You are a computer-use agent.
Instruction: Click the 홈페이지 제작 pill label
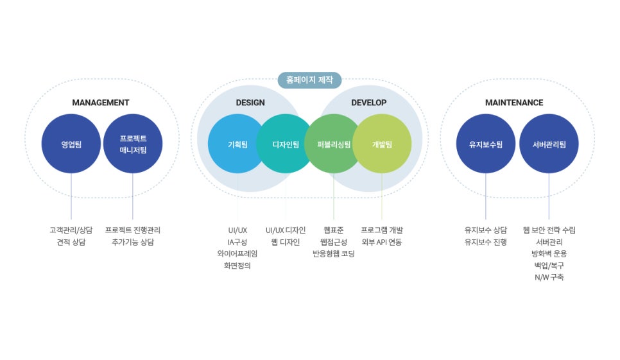coord(309,80)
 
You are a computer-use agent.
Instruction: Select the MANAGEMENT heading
coord(100,103)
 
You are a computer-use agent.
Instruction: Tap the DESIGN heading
coord(250,103)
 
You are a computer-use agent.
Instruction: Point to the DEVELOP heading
coord(369,103)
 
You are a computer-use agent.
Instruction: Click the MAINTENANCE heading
coord(514,103)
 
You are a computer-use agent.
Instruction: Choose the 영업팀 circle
coord(71,144)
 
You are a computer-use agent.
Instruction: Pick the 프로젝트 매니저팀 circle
coord(133,144)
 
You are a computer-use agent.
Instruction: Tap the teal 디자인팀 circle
coord(285,144)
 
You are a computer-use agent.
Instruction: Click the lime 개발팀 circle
coord(382,144)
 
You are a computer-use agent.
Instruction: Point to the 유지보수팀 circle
coord(486,144)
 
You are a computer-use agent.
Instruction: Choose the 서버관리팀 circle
coord(549,144)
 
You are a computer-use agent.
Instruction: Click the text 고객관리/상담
coord(71,230)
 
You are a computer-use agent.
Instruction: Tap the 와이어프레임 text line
coord(237,253)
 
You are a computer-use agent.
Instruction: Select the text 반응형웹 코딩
coord(333,253)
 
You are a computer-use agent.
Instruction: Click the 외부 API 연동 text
coord(382,242)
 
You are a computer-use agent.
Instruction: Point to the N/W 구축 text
coord(549,277)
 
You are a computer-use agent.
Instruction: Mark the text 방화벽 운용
coord(549,253)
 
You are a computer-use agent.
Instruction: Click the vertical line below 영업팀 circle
coord(71,196)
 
